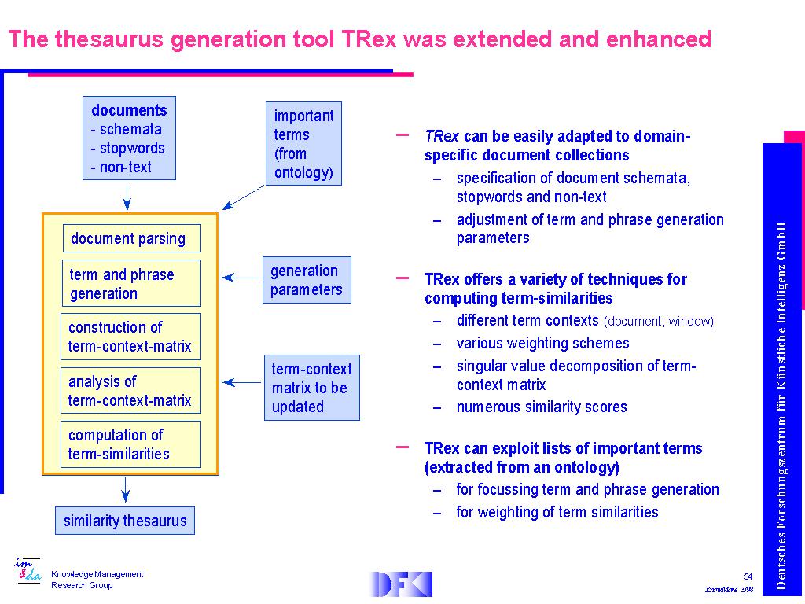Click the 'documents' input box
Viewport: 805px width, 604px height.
(129, 138)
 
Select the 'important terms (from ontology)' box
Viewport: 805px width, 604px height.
(303, 143)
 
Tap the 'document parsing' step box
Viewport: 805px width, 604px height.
(131, 238)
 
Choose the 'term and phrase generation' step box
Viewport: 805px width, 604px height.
(131, 283)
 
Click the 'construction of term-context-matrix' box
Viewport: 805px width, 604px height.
(130, 337)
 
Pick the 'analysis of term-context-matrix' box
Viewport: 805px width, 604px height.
(130, 390)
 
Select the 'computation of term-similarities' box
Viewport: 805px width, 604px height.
(130, 444)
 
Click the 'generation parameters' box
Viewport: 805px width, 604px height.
(307, 280)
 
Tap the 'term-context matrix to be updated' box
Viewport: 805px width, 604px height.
(312, 388)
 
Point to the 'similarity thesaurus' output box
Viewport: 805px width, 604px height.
(125, 521)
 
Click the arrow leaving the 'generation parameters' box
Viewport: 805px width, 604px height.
(241, 278)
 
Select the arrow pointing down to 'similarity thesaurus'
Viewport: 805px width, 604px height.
(125, 490)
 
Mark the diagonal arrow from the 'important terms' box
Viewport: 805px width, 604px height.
(244, 197)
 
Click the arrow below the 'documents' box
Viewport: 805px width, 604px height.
(127, 197)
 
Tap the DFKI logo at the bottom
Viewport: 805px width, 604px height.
(401, 584)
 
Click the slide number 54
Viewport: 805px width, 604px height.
(748, 576)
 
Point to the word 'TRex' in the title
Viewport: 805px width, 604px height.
(368, 39)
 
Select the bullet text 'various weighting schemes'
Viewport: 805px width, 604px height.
(542, 343)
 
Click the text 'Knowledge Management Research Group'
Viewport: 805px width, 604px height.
(97, 580)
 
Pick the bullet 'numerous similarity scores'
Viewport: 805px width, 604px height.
(542, 407)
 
